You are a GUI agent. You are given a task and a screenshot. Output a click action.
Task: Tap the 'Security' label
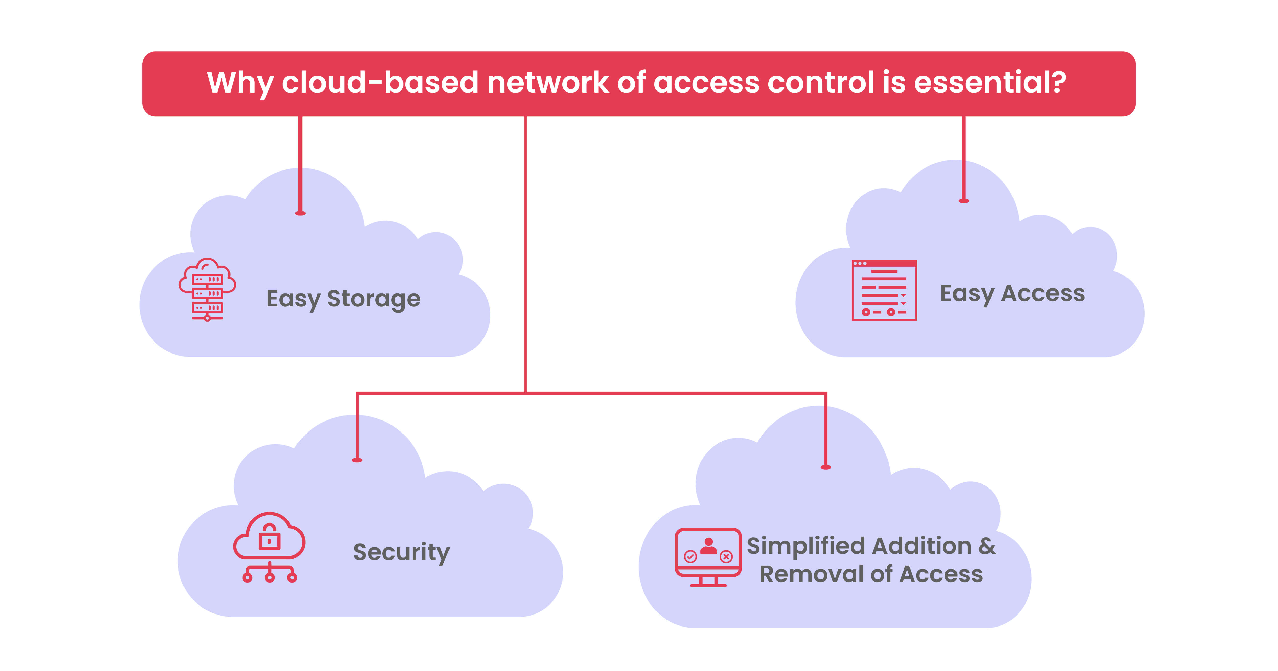(401, 552)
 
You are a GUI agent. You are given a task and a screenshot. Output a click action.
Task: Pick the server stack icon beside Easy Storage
(207, 289)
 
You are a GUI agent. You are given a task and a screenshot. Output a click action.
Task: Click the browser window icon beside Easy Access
(884, 290)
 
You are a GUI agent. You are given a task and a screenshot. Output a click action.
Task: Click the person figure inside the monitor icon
(708, 546)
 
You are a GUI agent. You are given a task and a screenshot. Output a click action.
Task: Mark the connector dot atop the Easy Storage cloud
(300, 213)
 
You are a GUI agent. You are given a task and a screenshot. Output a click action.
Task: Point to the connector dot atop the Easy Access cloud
(963, 201)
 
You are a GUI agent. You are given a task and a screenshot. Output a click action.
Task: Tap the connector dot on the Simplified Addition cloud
(825, 467)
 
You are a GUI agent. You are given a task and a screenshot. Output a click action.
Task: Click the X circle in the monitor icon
(726, 557)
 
